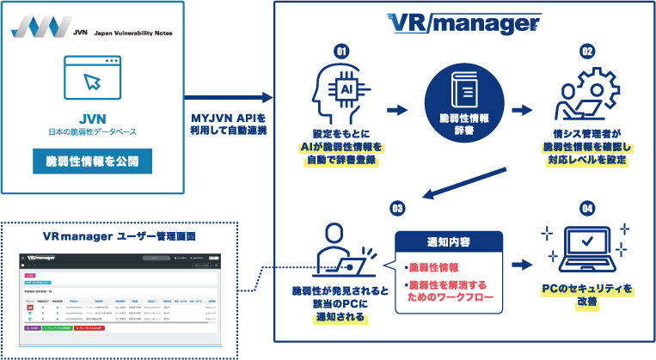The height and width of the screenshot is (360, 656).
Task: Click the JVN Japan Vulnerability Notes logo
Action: [x=92, y=27]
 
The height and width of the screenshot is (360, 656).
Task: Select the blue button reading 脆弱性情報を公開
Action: [x=92, y=161]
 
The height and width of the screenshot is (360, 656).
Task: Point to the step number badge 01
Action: [x=341, y=52]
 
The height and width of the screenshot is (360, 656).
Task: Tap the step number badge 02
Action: [x=587, y=52]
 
